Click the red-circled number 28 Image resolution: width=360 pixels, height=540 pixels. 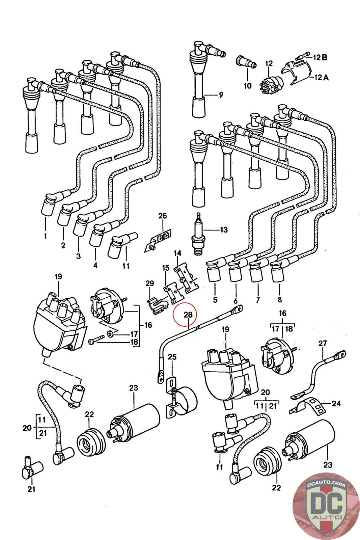click(x=188, y=315)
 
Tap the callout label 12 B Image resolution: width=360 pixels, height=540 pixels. click(x=320, y=57)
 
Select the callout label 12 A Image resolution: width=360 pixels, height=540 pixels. click(x=322, y=77)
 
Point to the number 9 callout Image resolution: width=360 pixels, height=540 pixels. click(x=221, y=95)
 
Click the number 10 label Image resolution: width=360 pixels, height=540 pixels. click(x=248, y=86)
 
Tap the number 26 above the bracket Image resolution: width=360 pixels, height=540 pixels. click(x=162, y=216)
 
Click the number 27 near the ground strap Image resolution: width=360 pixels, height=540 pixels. click(x=323, y=343)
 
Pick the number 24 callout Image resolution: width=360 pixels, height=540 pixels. click(x=336, y=403)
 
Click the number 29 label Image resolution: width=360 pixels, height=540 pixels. click(x=150, y=283)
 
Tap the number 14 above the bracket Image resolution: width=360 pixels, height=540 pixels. click(x=177, y=253)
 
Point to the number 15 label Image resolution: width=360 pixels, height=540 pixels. click(x=166, y=268)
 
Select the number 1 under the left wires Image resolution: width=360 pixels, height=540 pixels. click(x=46, y=236)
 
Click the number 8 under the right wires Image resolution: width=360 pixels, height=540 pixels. click(x=279, y=300)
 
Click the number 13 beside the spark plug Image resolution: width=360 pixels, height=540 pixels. click(x=224, y=230)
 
